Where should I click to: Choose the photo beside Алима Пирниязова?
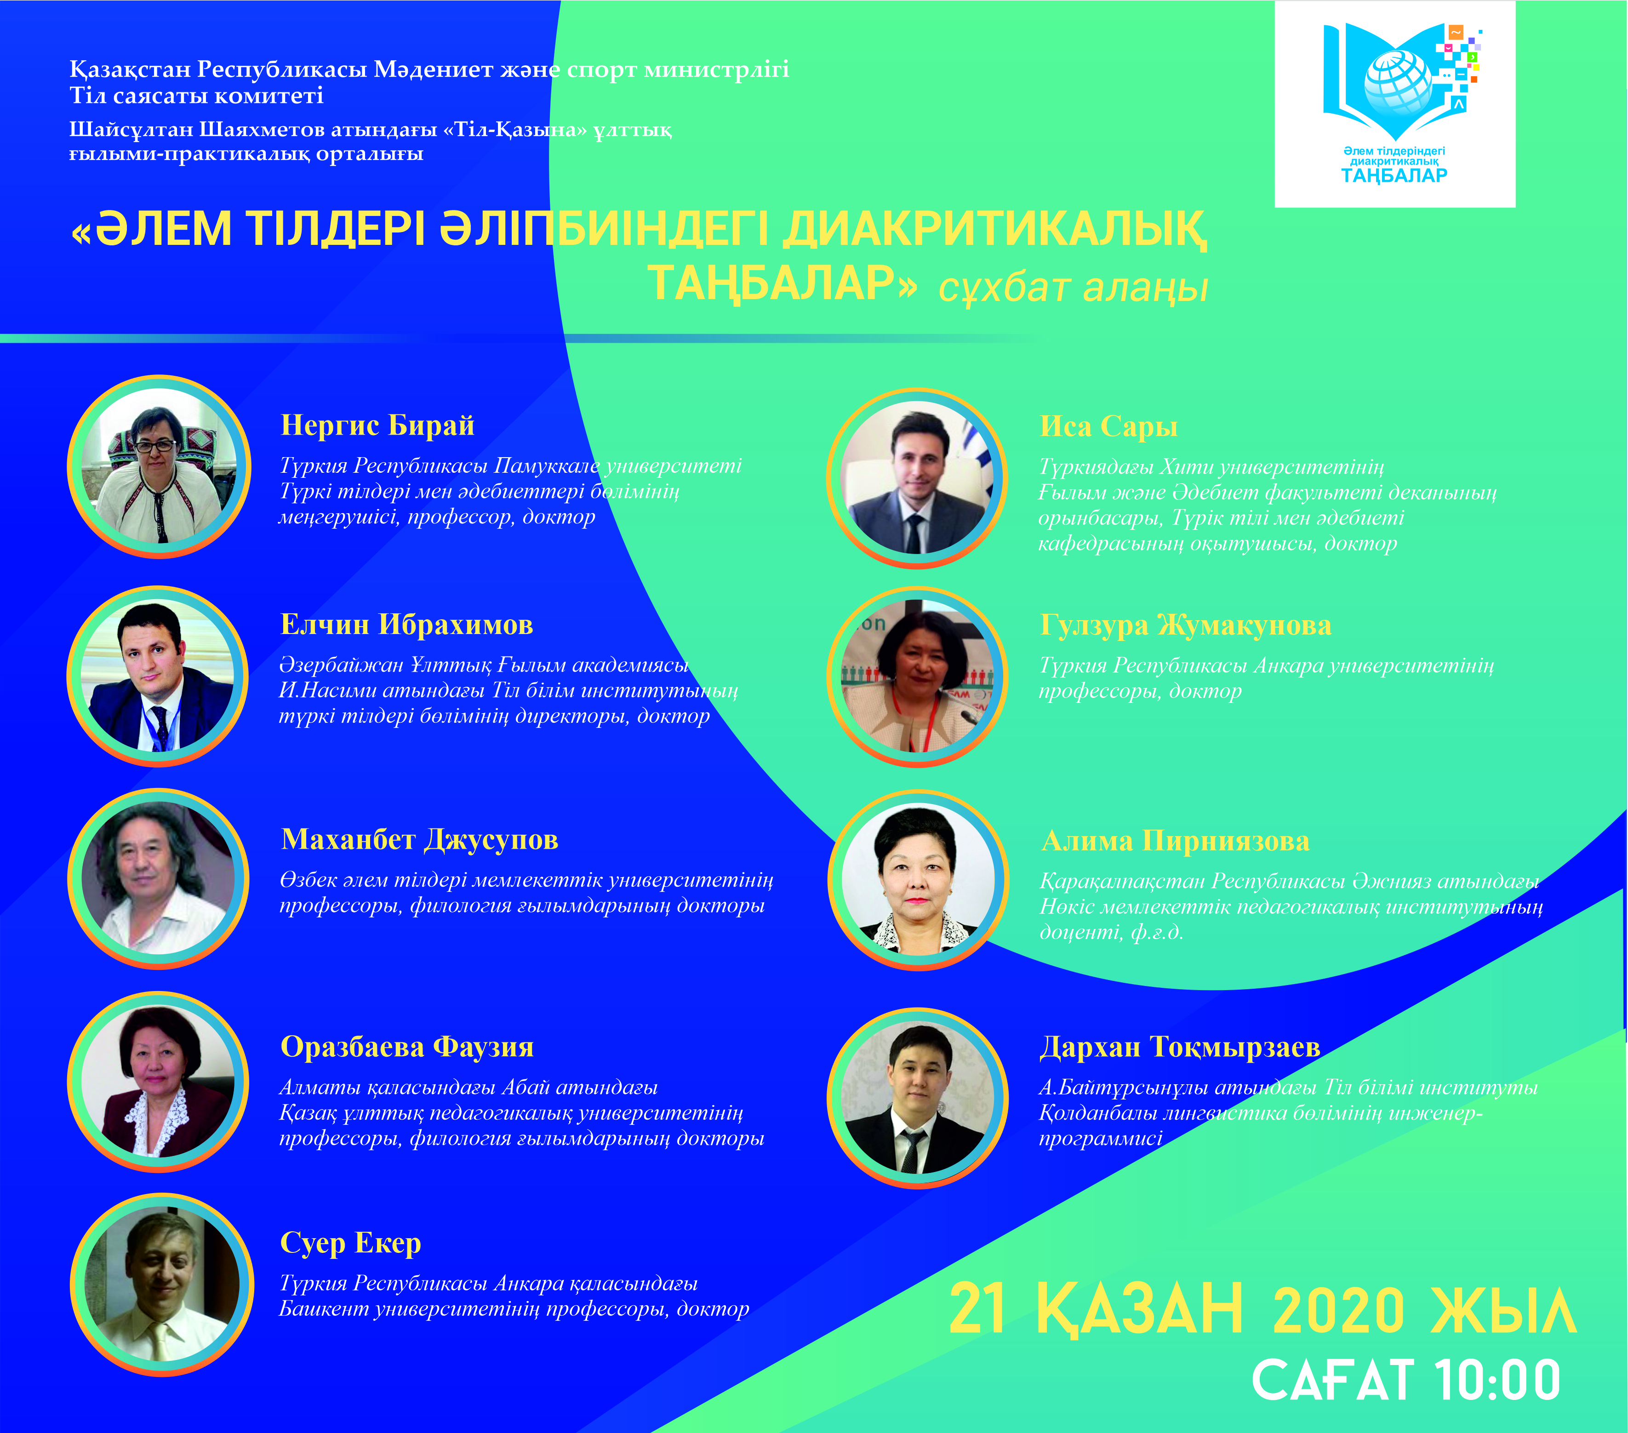tap(918, 880)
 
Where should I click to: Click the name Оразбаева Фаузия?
tap(407, 1047)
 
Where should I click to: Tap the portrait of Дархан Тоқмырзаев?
tap(918, 1098)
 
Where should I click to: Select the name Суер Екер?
tap(350, 1243)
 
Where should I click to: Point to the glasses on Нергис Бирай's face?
tap(156, 447)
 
